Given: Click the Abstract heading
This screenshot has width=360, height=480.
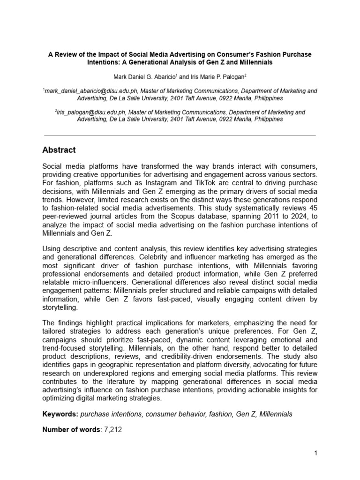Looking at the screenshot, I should click(x=59, y=150).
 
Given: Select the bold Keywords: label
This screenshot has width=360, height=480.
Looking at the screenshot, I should click(x=60, y=414).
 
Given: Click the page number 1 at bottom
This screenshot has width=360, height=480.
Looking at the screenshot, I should click(x=316, y=453).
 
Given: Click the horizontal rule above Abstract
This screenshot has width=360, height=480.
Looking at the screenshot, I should click(x=180, y=135).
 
